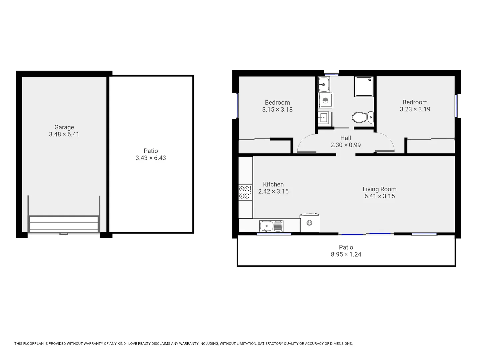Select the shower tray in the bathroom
tap(364, 86)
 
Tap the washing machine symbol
tap(326, 100)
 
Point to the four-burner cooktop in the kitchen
tap(245, 192)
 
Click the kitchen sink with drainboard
tap(271, 226)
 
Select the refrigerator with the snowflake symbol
tap(309, 223)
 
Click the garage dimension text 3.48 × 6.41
tap(64, 134)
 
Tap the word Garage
tap(64, 127)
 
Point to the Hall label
tap(345, 138)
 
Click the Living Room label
tap(379, 189)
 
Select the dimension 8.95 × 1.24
tap(346, 254)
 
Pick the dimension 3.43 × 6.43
tap(151, 158)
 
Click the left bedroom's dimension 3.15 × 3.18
tap(277, 110)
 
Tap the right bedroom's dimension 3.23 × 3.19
tap(415, 109)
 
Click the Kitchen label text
tap(273, 184)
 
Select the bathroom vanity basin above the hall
tap(323, 118)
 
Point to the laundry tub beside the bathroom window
tap(324, 85)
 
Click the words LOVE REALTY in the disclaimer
tap(140, 344)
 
